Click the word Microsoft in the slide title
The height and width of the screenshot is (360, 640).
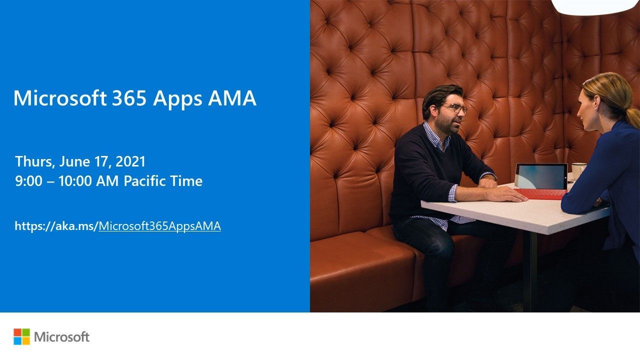coord(59,98)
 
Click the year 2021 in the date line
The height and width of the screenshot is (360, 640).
coord(130,161)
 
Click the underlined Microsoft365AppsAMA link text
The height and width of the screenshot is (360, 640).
coord(159,226)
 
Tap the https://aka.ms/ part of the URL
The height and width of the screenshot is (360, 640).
coord(56,226)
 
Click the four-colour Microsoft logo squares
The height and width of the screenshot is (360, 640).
coord(21,336)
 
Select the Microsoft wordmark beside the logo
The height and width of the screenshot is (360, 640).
coord(62,337)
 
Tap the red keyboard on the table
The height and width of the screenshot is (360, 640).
coord(540,193)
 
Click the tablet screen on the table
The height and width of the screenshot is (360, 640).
coord(541,176)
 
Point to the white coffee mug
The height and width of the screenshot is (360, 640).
coord(577,170)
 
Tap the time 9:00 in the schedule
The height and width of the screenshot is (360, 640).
coord(28,181)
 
